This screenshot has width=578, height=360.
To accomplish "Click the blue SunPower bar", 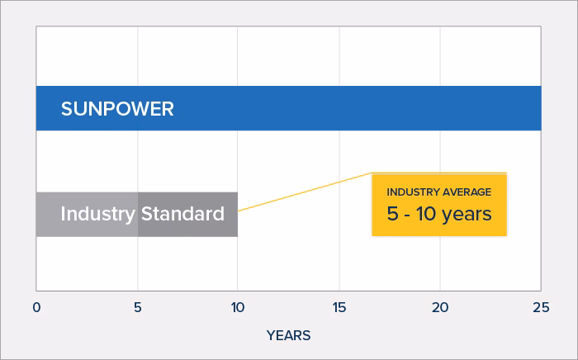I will (x=330, y=108).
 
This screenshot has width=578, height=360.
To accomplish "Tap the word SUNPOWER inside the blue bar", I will (x=117, y=109).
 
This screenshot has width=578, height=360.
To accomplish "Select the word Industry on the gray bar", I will (x=97, y=214).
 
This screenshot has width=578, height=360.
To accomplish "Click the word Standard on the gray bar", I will (x=182, y=214).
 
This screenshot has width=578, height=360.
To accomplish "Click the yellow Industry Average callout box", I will (x=438, y=204).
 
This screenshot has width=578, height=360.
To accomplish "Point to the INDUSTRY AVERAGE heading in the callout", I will (x=438, y=192).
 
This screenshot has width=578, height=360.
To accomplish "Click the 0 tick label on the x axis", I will (x=36, y=307).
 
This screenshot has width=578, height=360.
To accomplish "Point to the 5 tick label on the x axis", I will (x=137, y=307).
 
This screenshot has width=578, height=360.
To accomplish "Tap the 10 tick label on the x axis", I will (x=238, y=307).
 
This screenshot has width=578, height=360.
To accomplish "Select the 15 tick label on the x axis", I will (x=339, y=307).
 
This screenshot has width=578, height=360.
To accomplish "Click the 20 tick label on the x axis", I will (x=439, y=307).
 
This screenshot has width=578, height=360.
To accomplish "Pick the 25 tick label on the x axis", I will (x=540, y=307).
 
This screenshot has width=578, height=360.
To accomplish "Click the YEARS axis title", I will (x=288, y=335).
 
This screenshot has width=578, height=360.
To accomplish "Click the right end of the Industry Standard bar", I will (x=235, y=214).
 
